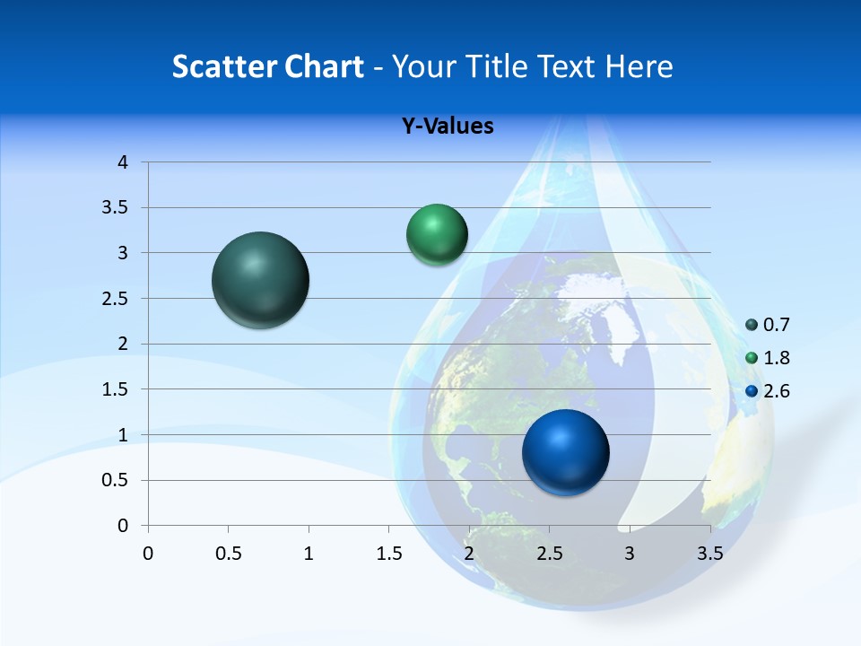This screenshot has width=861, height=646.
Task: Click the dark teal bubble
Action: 260,280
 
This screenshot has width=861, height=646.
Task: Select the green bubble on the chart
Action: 437,235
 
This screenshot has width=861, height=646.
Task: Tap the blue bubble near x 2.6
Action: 565,452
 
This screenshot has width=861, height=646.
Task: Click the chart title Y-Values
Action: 447,127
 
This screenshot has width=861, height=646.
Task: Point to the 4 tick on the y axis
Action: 123,162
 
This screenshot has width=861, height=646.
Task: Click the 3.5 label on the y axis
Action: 117,208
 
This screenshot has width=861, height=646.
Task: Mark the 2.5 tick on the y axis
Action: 117,299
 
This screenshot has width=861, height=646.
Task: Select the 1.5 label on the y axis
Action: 117,389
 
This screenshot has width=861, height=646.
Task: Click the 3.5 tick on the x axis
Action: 709,554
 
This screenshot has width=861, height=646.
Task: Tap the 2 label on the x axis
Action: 469,554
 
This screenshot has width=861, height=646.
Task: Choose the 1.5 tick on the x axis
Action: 388,554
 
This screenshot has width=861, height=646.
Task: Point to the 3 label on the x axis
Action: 630,554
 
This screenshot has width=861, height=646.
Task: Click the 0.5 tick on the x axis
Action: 228,554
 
